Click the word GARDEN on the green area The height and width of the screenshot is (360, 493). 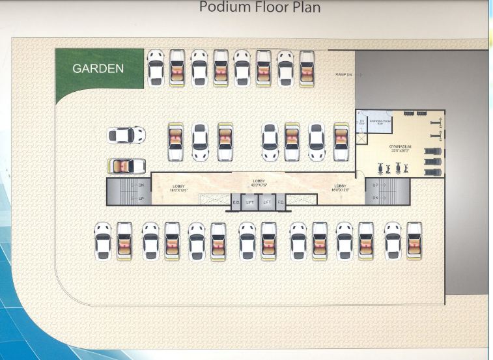pyautogui.click(x=98, y=68)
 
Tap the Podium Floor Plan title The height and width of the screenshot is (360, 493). pyautogui.click(x=259, y=8)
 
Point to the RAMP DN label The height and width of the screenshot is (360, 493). pyautogui.click(x=344, y=75)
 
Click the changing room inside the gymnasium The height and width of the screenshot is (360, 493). pyautogui.click(x=380, y=122)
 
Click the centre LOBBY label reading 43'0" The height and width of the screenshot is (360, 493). pyautogui.click(x=259, y=183)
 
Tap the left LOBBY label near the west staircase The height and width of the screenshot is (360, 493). pyautogui.click(x=178, y=189)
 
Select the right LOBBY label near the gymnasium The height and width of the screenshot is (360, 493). pyautogui.click(x=343, y=188)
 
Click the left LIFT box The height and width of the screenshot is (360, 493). pyautogui.click(x=251, y=202)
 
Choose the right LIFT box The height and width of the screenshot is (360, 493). pyautogui.click(x=267, y=202)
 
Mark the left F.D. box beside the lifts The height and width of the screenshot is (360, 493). pyautogui.click(x=236, y=202)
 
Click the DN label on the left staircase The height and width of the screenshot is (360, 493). pyautogui.click(x=141, y=185)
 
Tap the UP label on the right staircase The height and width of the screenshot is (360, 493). pyautogui.click(x=374, y=185)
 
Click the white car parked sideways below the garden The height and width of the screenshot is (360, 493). pyautogui.click(x=127, y=135)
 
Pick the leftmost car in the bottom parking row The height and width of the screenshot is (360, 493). pyautogui.click(x=103, y=242)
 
